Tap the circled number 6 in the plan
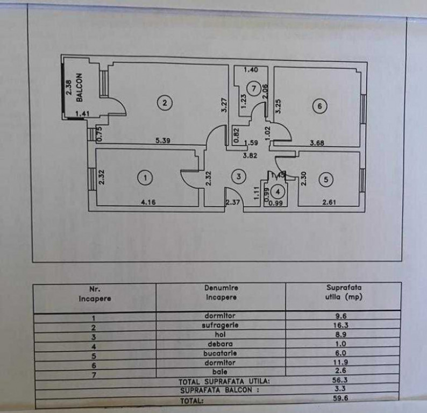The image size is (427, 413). coord(319,106)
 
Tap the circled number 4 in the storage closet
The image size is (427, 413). coord(277,190)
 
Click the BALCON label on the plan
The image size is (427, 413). coord(80,87)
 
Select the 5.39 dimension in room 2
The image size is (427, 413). coord(162,141)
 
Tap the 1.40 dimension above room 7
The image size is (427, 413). coord(251,70)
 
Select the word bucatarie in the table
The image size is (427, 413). coord(220,353)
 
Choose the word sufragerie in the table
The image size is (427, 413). coord(221,325)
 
